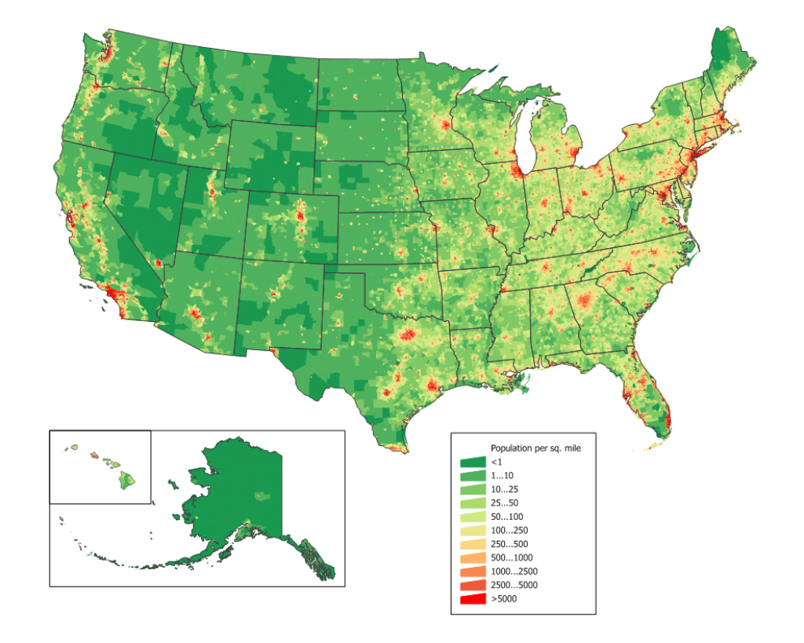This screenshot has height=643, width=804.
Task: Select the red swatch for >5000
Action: [473, 599]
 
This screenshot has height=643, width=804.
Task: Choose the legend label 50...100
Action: [506, 517]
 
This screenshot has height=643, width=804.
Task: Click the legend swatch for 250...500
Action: [473, 544]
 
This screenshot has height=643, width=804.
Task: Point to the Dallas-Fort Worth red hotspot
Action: [407, 335]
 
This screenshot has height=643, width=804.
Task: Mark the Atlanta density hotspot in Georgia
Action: [583, 301]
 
